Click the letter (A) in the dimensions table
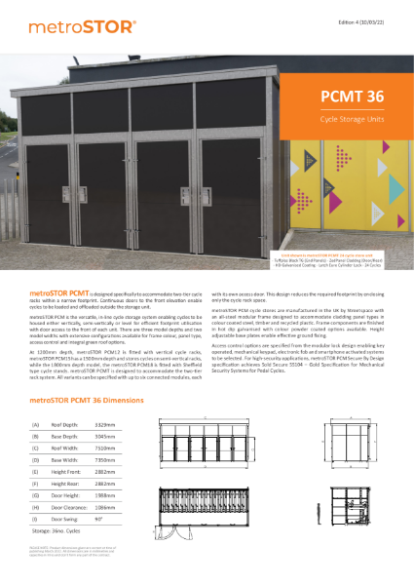[36, 424]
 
